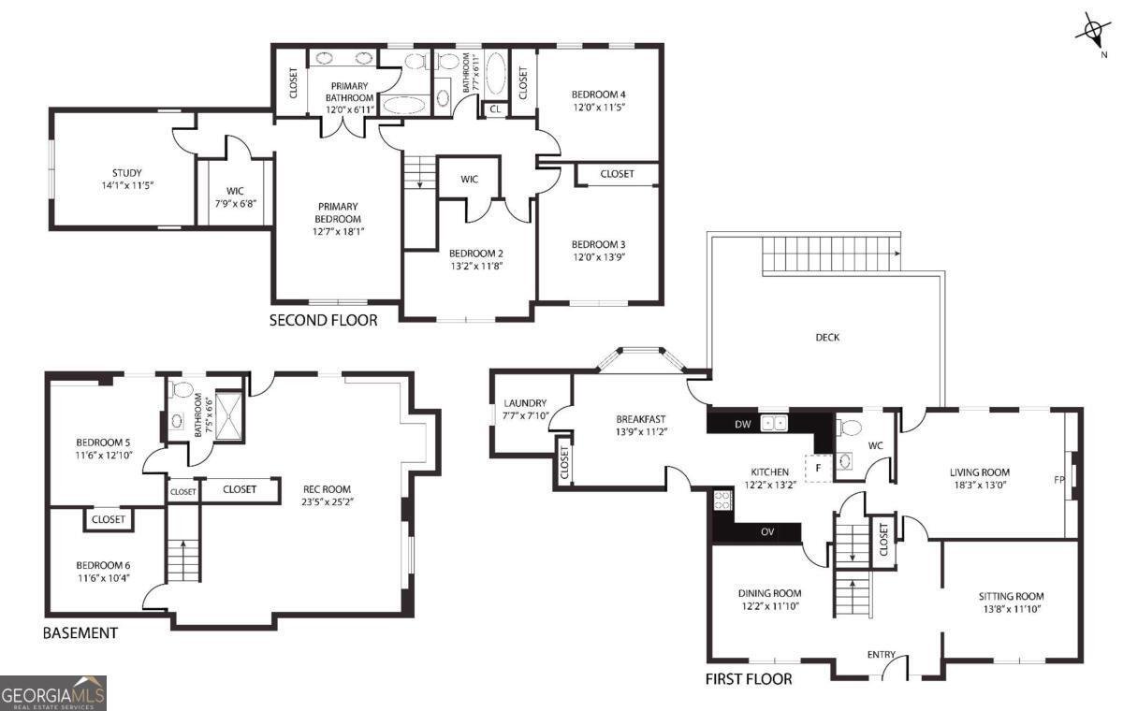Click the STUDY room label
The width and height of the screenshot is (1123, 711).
127,172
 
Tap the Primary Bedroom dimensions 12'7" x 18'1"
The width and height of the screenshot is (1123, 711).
338,232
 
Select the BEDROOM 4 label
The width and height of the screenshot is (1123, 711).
598,94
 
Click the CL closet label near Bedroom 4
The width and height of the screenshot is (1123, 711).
494,109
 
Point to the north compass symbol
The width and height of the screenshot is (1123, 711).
1091,34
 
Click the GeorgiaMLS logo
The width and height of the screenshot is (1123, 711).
53,693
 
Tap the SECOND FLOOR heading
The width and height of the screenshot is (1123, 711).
324,320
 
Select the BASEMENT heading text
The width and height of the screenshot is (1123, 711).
80,633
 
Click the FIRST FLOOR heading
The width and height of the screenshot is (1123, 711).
749,678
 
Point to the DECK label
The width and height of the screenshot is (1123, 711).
827,338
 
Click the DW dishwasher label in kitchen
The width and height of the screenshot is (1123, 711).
743,425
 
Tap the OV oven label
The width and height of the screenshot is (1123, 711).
767,532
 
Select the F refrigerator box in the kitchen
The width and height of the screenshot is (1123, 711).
818,466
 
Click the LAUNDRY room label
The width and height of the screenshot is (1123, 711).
525,403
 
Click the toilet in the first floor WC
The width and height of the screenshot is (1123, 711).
850,428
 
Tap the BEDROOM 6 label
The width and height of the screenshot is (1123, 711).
103,565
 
